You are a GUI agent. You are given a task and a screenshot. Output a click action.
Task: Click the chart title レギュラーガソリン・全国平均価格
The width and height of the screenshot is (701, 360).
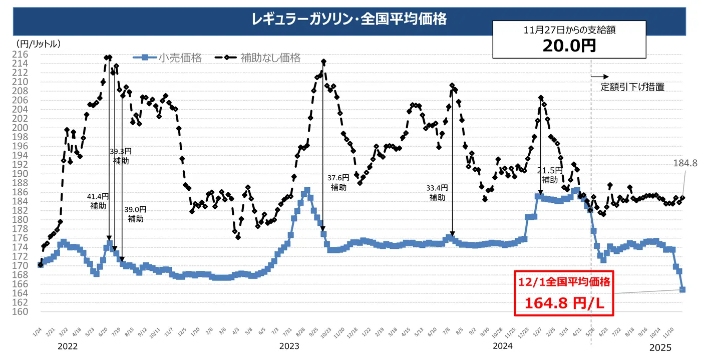tap(349, 20)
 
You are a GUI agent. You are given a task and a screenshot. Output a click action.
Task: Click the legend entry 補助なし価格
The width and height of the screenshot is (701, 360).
tap(270, 58)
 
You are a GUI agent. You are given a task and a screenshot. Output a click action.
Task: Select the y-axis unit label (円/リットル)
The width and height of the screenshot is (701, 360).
tap(39, 44)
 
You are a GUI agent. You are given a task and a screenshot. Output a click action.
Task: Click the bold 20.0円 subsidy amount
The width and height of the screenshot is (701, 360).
tap(569, 46)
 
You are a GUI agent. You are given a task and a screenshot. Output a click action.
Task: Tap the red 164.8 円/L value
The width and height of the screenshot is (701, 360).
tap(564, 303)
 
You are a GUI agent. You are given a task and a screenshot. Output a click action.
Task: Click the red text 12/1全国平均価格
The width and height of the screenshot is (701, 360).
tap(564, 282)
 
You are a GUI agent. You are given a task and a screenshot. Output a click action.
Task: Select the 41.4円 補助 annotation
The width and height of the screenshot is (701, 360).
tap(98, 201)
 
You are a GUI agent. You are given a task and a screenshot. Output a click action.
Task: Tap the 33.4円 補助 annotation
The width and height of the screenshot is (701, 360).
tap(437, 192)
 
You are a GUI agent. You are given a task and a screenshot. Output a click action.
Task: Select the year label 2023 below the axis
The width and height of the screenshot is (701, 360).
tap(289, 346)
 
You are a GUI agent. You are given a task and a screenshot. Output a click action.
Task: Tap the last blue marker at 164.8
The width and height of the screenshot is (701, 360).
tap(682, 289)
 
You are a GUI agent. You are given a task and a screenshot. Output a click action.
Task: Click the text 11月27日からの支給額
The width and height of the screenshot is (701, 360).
tap(569, 30)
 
